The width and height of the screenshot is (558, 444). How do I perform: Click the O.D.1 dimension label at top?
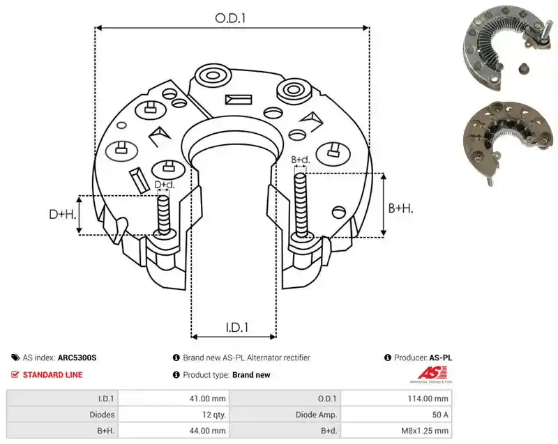click(230, 18)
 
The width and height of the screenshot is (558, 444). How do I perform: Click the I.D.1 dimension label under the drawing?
click(236, 327)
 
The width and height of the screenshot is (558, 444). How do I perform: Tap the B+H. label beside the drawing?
click(400, 208)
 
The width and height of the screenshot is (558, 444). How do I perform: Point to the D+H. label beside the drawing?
click(63, 215)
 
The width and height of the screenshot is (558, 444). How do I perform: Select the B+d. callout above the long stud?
click(301, 160)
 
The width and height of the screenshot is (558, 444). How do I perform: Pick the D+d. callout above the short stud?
click(165, 185)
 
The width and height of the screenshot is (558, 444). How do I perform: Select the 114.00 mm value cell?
click(428, 399)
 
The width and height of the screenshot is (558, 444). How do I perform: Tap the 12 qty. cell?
click(214, 415)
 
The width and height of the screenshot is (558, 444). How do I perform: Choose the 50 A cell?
click(440, 415)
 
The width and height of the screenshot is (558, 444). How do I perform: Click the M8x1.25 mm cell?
click(425, 431)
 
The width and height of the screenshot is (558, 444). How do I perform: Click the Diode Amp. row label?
click(316, 415)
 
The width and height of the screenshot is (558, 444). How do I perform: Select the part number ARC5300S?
click(77, 358)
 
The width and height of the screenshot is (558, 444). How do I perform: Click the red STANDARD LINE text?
click(53, 375)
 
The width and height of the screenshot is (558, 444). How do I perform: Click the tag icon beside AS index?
click(15, 358)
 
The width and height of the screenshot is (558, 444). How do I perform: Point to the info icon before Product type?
click(176, 375)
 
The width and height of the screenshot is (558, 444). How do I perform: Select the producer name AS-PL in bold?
click(441, 358)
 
